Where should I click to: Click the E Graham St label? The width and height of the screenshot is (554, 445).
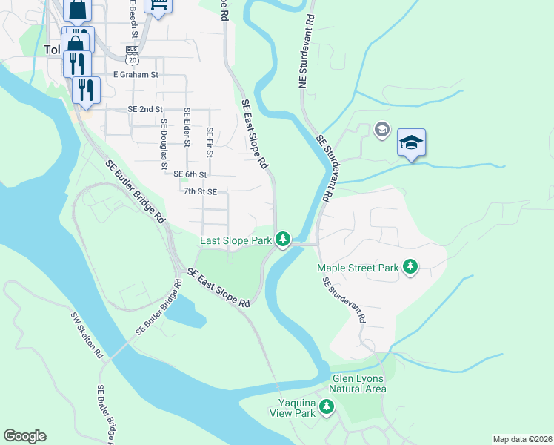coord(136,75)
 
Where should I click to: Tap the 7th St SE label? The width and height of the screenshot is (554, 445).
coord(200,191)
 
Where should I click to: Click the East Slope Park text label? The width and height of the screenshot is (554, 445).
coord(236,240)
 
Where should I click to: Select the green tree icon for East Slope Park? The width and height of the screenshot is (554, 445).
coord(282,239)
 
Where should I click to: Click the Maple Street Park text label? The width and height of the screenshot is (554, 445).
coord(358,268)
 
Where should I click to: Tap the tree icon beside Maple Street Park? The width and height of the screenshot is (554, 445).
coord(410,267)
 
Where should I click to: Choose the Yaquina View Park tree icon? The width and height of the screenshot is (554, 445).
coord(326,406)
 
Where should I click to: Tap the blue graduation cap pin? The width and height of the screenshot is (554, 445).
coord(411,142)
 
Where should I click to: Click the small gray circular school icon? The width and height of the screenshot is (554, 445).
coord(382,131)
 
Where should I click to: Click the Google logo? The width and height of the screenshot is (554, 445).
coord(24,436)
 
